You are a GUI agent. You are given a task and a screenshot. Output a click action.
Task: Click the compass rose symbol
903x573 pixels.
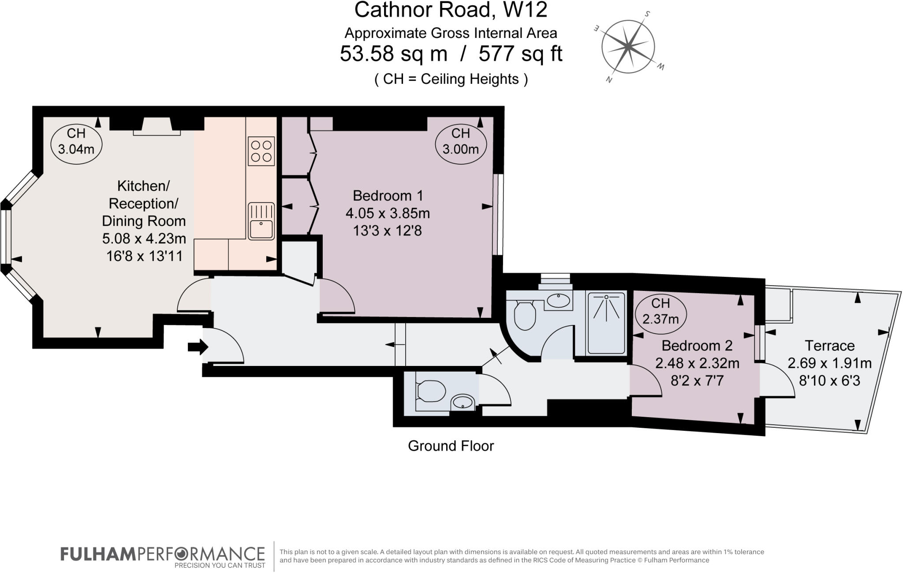[628, 46]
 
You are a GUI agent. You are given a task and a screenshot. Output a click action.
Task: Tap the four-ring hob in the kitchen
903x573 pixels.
[261, 151]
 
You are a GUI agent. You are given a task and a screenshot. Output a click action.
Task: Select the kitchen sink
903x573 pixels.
[261, 221]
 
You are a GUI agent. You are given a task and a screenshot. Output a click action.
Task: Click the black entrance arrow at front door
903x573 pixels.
[198, 347]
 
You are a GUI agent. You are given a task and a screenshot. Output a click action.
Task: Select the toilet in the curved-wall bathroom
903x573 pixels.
[524, 314]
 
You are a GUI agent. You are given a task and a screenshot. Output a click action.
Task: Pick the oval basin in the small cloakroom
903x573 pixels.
[463, 402]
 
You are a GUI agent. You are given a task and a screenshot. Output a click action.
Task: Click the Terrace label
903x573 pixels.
[829, 346]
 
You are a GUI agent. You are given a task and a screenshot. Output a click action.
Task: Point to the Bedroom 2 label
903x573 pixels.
[697, 346]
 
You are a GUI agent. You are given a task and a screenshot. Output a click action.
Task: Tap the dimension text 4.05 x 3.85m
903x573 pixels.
[388, 214]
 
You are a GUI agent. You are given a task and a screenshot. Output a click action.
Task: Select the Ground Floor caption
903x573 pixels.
[451, 446]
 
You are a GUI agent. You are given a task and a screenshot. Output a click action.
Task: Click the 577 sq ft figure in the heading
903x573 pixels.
[520, 54]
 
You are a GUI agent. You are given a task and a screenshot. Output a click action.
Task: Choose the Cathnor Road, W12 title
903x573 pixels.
[451, 10]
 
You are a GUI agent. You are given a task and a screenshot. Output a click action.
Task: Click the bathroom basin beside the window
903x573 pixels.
[558, 301]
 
